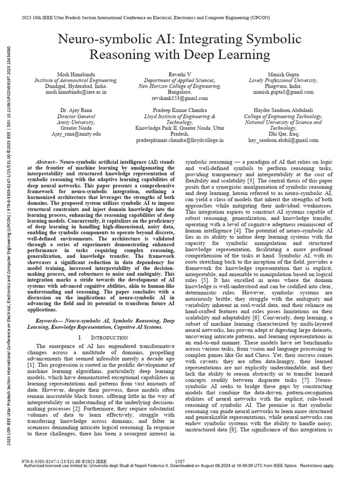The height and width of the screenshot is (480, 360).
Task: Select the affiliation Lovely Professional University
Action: [x=282, y=81]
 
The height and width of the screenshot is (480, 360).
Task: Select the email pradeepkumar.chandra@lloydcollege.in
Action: [x=180, y=140]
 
